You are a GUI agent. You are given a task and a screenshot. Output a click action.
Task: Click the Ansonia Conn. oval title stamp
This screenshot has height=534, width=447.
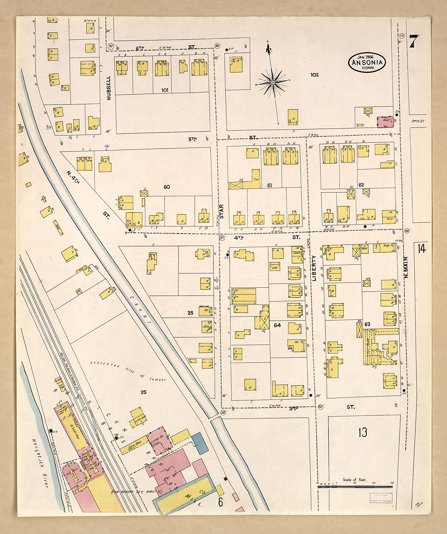coord(367,63)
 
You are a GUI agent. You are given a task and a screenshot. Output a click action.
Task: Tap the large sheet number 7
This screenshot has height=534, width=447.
coord(414,41)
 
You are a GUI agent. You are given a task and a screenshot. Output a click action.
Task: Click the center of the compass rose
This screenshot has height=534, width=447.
coord(273,82)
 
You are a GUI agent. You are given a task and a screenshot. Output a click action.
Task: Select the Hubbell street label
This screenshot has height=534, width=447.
coord(109,88)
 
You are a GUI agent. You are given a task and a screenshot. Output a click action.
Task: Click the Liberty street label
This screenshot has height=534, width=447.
coord(314,268)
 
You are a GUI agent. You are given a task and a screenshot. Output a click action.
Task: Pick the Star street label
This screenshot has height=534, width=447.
coord(222,212)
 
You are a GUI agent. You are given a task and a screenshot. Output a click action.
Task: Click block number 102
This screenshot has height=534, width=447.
coord(315,75)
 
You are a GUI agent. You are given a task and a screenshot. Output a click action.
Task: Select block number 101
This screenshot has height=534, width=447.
coord(165,90)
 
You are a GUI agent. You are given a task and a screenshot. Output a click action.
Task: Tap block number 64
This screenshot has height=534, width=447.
coord(277,325)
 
